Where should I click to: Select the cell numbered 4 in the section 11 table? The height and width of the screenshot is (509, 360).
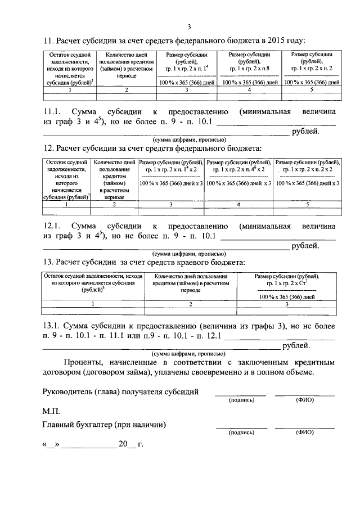click(249, 89)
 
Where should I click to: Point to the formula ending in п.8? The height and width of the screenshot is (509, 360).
click(249, 67)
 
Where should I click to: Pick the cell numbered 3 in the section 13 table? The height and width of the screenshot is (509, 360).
click(287, 304)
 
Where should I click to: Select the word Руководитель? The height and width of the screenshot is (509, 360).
click(68, 391)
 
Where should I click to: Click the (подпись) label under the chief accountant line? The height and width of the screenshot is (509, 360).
click(242, 433)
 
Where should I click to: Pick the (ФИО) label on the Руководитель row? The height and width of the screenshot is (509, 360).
click(304, 400)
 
